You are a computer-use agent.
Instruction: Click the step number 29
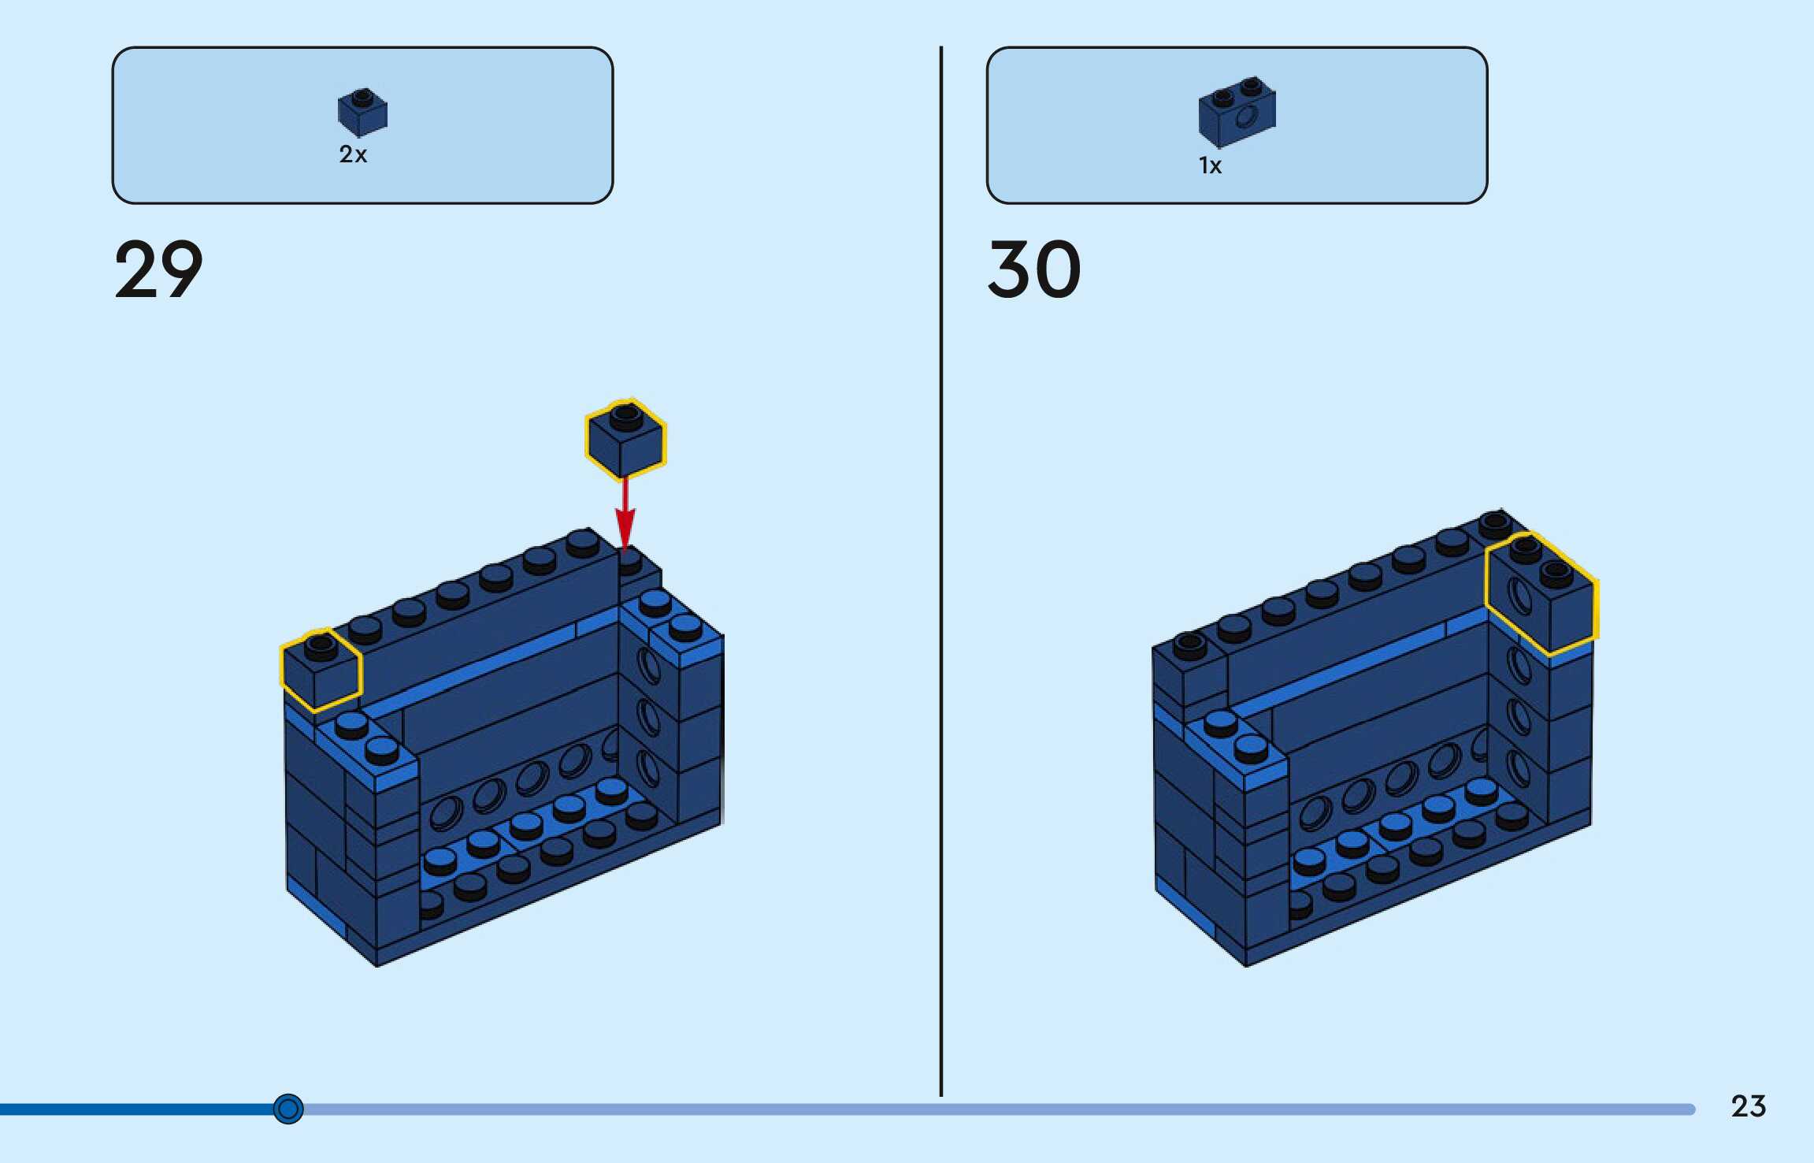coord(158,269)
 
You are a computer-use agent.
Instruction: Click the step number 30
coord(1034,269)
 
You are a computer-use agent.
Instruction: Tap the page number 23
coord(1748,1106)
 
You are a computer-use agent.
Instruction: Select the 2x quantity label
coord(353,154)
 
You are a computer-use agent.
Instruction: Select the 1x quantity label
coord(1210,165)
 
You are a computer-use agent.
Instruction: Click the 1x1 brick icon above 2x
coord(362,112)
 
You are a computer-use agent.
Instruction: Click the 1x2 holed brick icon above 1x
coord(1237,112)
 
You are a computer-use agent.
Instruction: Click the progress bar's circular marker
coord(288,1109)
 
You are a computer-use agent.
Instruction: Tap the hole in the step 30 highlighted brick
coord(1519,596)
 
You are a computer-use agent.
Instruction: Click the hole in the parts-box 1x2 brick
coord(1247,118)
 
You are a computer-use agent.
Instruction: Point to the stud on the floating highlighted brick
coord(625,414)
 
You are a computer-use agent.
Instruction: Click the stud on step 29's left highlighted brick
coord(320,646)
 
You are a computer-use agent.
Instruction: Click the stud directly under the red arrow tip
coord(628,560)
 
